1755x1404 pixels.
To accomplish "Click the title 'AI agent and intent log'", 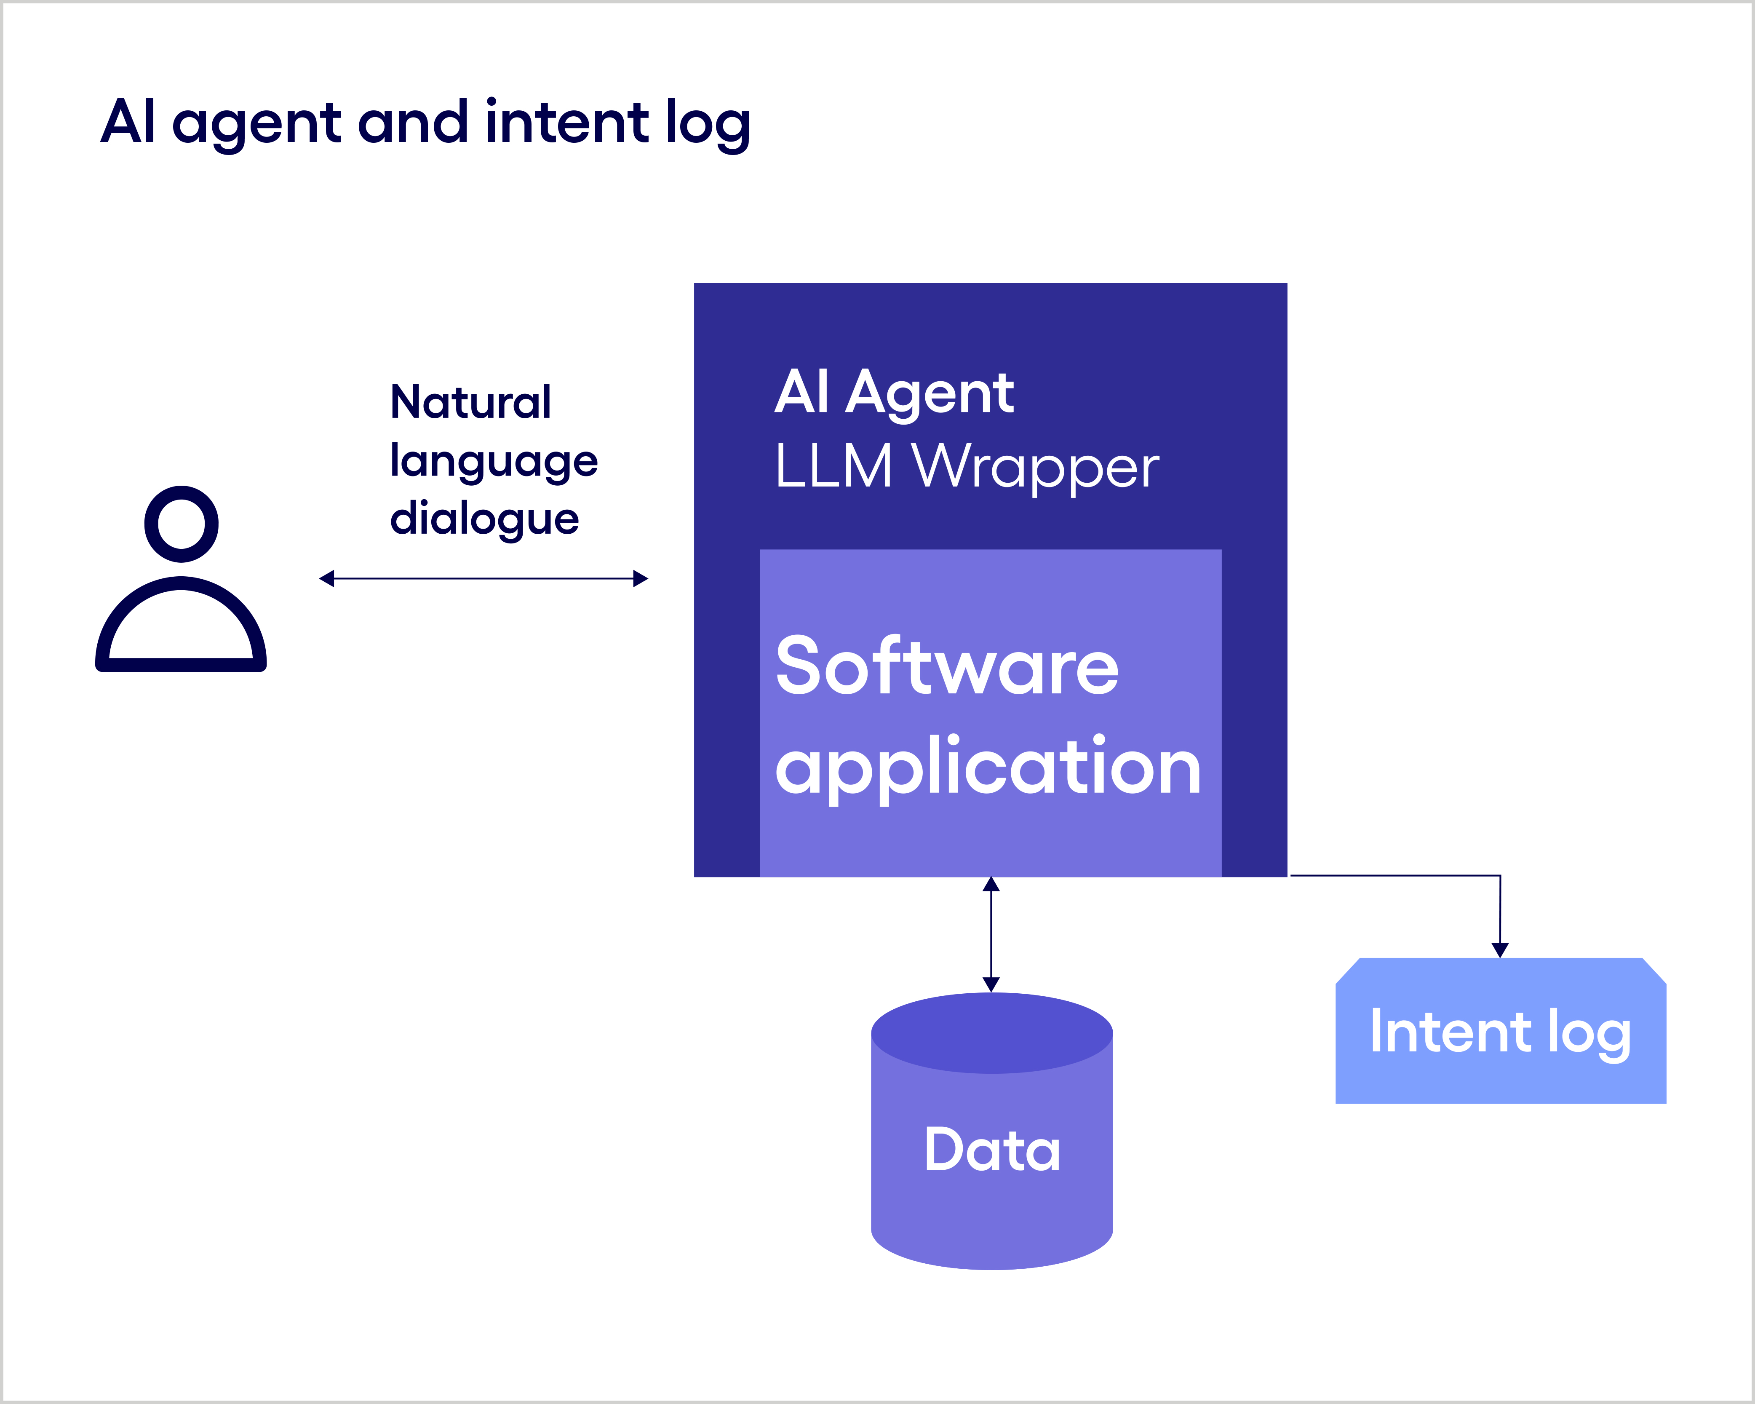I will click(425, 122).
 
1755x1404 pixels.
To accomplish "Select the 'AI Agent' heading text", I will click(894, 393).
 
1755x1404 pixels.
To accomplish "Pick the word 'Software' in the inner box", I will click(947, 666).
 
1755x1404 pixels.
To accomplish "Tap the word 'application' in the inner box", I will click(987, 767).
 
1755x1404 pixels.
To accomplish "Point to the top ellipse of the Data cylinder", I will click(991, 1032).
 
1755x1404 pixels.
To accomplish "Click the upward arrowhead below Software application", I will click(991, 885).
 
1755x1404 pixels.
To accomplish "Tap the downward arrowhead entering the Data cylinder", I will click(991, 984).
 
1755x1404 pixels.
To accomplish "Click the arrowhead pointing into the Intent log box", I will click(1500, 949).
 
